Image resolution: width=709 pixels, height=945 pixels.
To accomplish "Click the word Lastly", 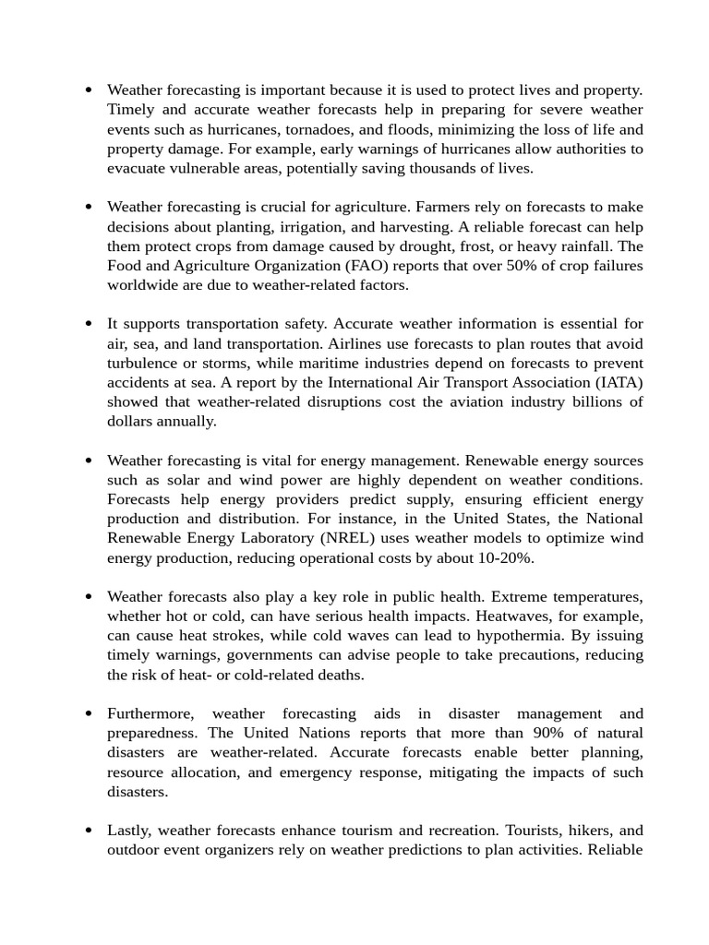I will [x=130, y=831].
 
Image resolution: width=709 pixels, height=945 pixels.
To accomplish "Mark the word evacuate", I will [x=138, y=168].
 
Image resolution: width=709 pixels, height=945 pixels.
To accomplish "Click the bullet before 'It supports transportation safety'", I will [x=88, y=324].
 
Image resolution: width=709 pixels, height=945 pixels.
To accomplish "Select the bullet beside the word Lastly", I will [x=88, y=831].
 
